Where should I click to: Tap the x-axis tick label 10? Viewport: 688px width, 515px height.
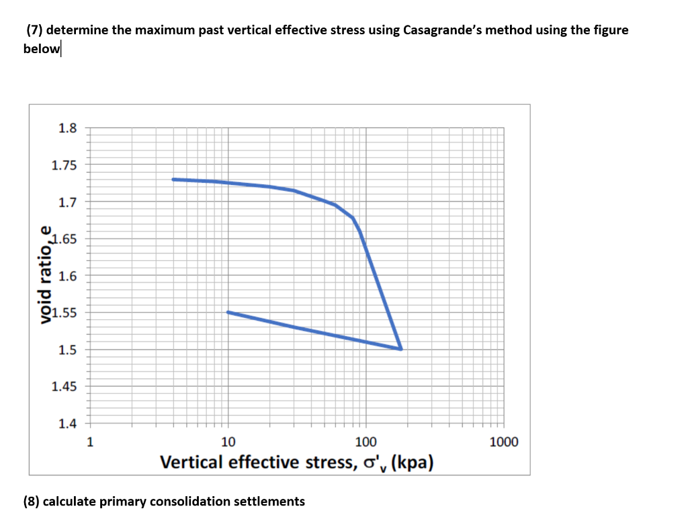[228, 442]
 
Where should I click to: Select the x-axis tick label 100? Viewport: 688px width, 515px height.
[365, 442]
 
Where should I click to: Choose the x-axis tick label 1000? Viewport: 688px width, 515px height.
[504, 442]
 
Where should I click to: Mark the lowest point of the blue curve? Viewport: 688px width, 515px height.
[400, 349]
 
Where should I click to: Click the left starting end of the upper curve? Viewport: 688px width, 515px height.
[173, 180]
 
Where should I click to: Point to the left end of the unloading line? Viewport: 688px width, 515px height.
[228, 312]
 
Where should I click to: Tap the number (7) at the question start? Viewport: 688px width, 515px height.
[34, 30]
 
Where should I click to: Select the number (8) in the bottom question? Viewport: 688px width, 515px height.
[31, 502]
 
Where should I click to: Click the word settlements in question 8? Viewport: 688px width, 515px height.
[268, 502]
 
